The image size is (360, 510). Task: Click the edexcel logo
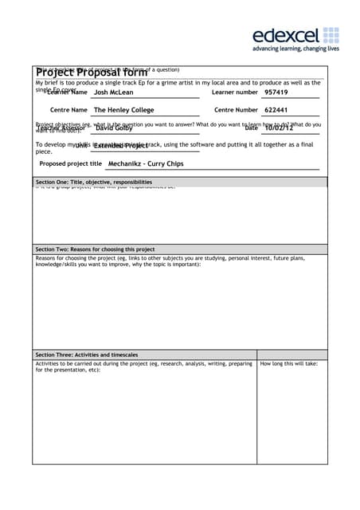click(x=295, y=35)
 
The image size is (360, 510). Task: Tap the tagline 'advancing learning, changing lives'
click(x=295, y=49)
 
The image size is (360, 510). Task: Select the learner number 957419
click(x=276, y=92)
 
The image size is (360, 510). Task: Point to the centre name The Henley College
click(x=123, y=110)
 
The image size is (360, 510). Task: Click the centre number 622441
click(x=276, y=110)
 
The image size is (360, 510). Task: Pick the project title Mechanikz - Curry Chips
click(x=145, y=163)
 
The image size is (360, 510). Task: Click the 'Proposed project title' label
click(x=71, y=163)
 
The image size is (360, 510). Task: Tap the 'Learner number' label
click(x=235, y=92)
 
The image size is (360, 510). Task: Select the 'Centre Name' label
click(x=68, y=110)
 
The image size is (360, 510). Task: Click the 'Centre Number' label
click(x=237, y=110)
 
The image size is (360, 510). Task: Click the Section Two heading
click(x=96, y=249)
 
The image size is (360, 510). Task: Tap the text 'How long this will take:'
click(x=289, y=364)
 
